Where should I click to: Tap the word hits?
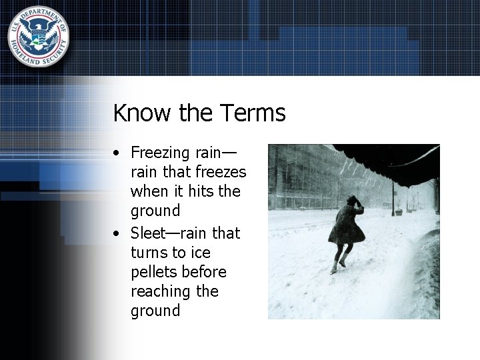click(201, 191)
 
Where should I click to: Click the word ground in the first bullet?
click(155, 211)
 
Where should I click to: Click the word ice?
click(200, 253)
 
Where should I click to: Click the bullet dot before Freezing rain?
click(117, 153)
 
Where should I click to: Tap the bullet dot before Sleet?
click(117, 234)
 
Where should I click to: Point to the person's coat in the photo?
click(349, 225)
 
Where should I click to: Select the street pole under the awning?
click(393, 197)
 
